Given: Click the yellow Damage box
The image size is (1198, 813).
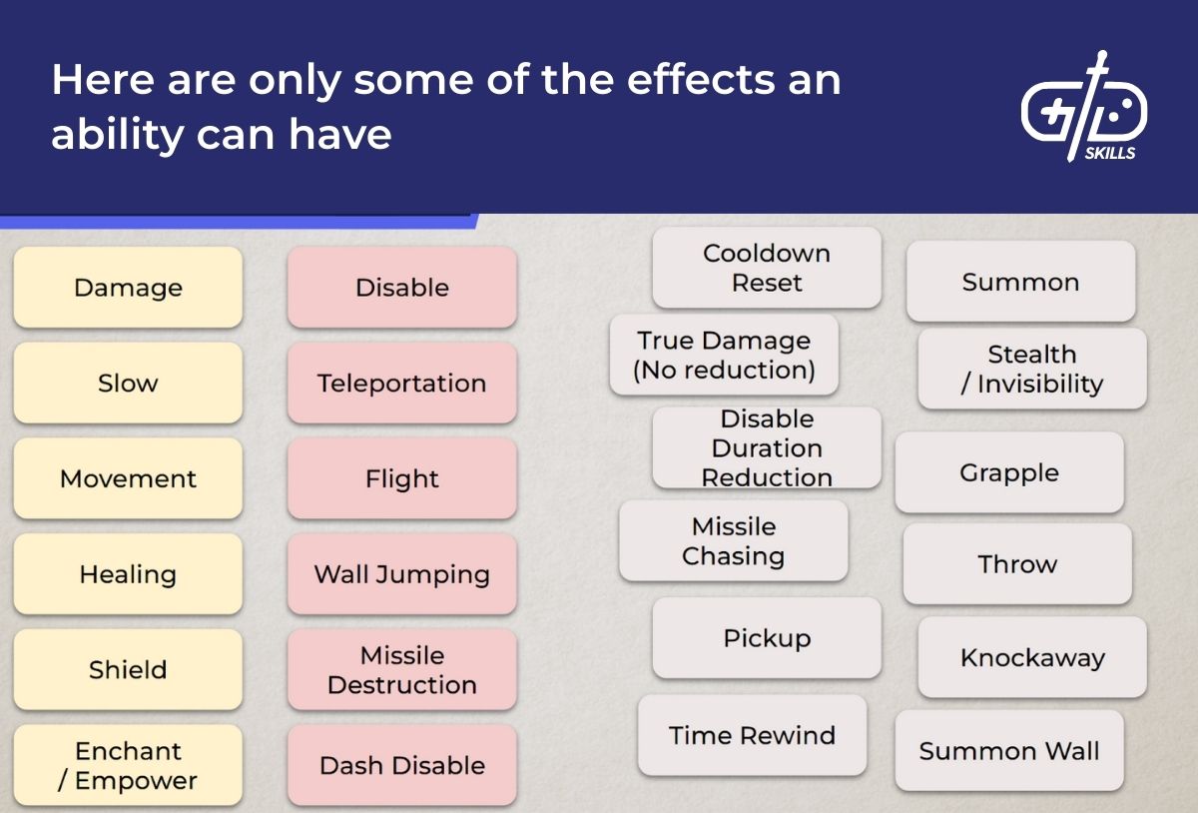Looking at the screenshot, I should click(x=128, y=288).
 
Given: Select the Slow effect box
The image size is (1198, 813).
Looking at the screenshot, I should click(x=128, y=384).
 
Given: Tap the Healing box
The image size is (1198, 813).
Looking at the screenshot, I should click(x=128, y=574).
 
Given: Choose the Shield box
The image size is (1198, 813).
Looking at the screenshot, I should click(x=128, y=670).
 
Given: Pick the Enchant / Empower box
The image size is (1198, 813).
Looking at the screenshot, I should click(x=128, y=766).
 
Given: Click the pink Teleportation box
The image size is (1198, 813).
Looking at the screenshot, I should click(x=402, y=384).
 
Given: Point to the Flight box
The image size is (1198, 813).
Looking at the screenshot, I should click(x=402, y=479).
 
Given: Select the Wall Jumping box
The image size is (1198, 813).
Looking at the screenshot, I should click(x=402, y=574).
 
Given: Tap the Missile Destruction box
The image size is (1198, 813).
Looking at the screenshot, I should click(x=402, y=670).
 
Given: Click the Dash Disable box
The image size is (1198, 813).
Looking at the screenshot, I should click(x=402, y=766).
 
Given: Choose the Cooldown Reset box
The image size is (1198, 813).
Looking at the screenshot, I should click(x=767, y=268).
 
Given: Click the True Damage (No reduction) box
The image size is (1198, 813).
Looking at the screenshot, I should click(x=724, y=356).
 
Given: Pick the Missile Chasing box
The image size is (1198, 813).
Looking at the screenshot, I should click(x=734, y=541).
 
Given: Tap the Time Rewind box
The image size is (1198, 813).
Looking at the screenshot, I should click(x=752, y=736).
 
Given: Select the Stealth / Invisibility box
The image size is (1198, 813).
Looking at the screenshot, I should click(x=1032, y=370).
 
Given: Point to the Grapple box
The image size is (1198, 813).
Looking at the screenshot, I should click(x=1009, y=472).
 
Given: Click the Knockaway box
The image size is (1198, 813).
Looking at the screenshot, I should click(x=1032, y=657).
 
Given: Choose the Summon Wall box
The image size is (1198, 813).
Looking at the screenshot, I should click(x=1009, y=751).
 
